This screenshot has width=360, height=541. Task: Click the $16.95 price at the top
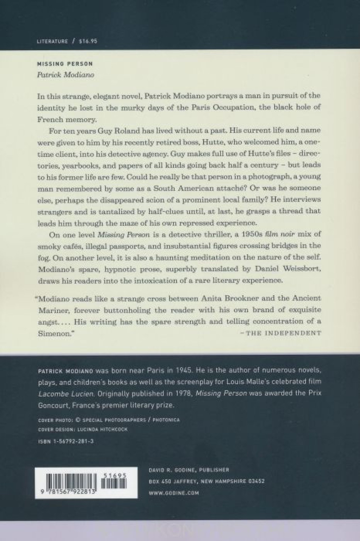coord(88,41)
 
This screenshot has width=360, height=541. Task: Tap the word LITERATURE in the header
coord(52,41)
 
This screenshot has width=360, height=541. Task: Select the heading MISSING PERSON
coord(65,64)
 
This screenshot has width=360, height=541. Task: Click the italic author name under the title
coord(65,75)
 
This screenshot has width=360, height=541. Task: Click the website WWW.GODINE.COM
coord(174,493)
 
